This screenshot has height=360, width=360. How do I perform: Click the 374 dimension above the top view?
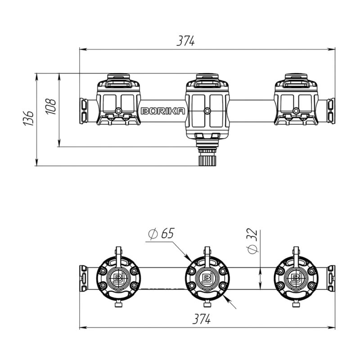185,41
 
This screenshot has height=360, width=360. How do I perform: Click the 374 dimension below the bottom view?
201,319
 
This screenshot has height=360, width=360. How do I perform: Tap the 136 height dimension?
29,118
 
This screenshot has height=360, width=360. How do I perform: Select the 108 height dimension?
51,107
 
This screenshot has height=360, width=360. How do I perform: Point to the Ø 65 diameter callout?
161,234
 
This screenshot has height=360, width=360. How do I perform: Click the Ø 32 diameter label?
252,240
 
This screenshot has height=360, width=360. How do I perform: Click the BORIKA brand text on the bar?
163,111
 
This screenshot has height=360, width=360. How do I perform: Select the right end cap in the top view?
331,111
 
